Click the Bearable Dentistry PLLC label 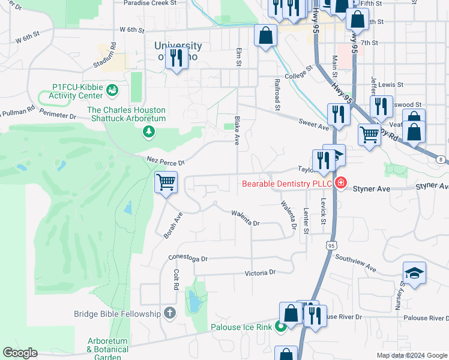coord(287,183)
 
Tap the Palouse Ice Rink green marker coord(280,328)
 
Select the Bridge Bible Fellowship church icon coord(170,313)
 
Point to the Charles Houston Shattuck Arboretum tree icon coord(148,131)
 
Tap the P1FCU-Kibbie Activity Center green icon coord(112,91)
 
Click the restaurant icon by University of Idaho coord(176,58)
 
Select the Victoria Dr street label coord(260,272)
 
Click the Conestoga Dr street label coord(187,259)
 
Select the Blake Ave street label coord(237,131)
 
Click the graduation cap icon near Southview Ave coord(414,273)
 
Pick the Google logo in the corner coord(20,353)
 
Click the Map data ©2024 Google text coord(412,355)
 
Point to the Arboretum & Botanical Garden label coord(107,349)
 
